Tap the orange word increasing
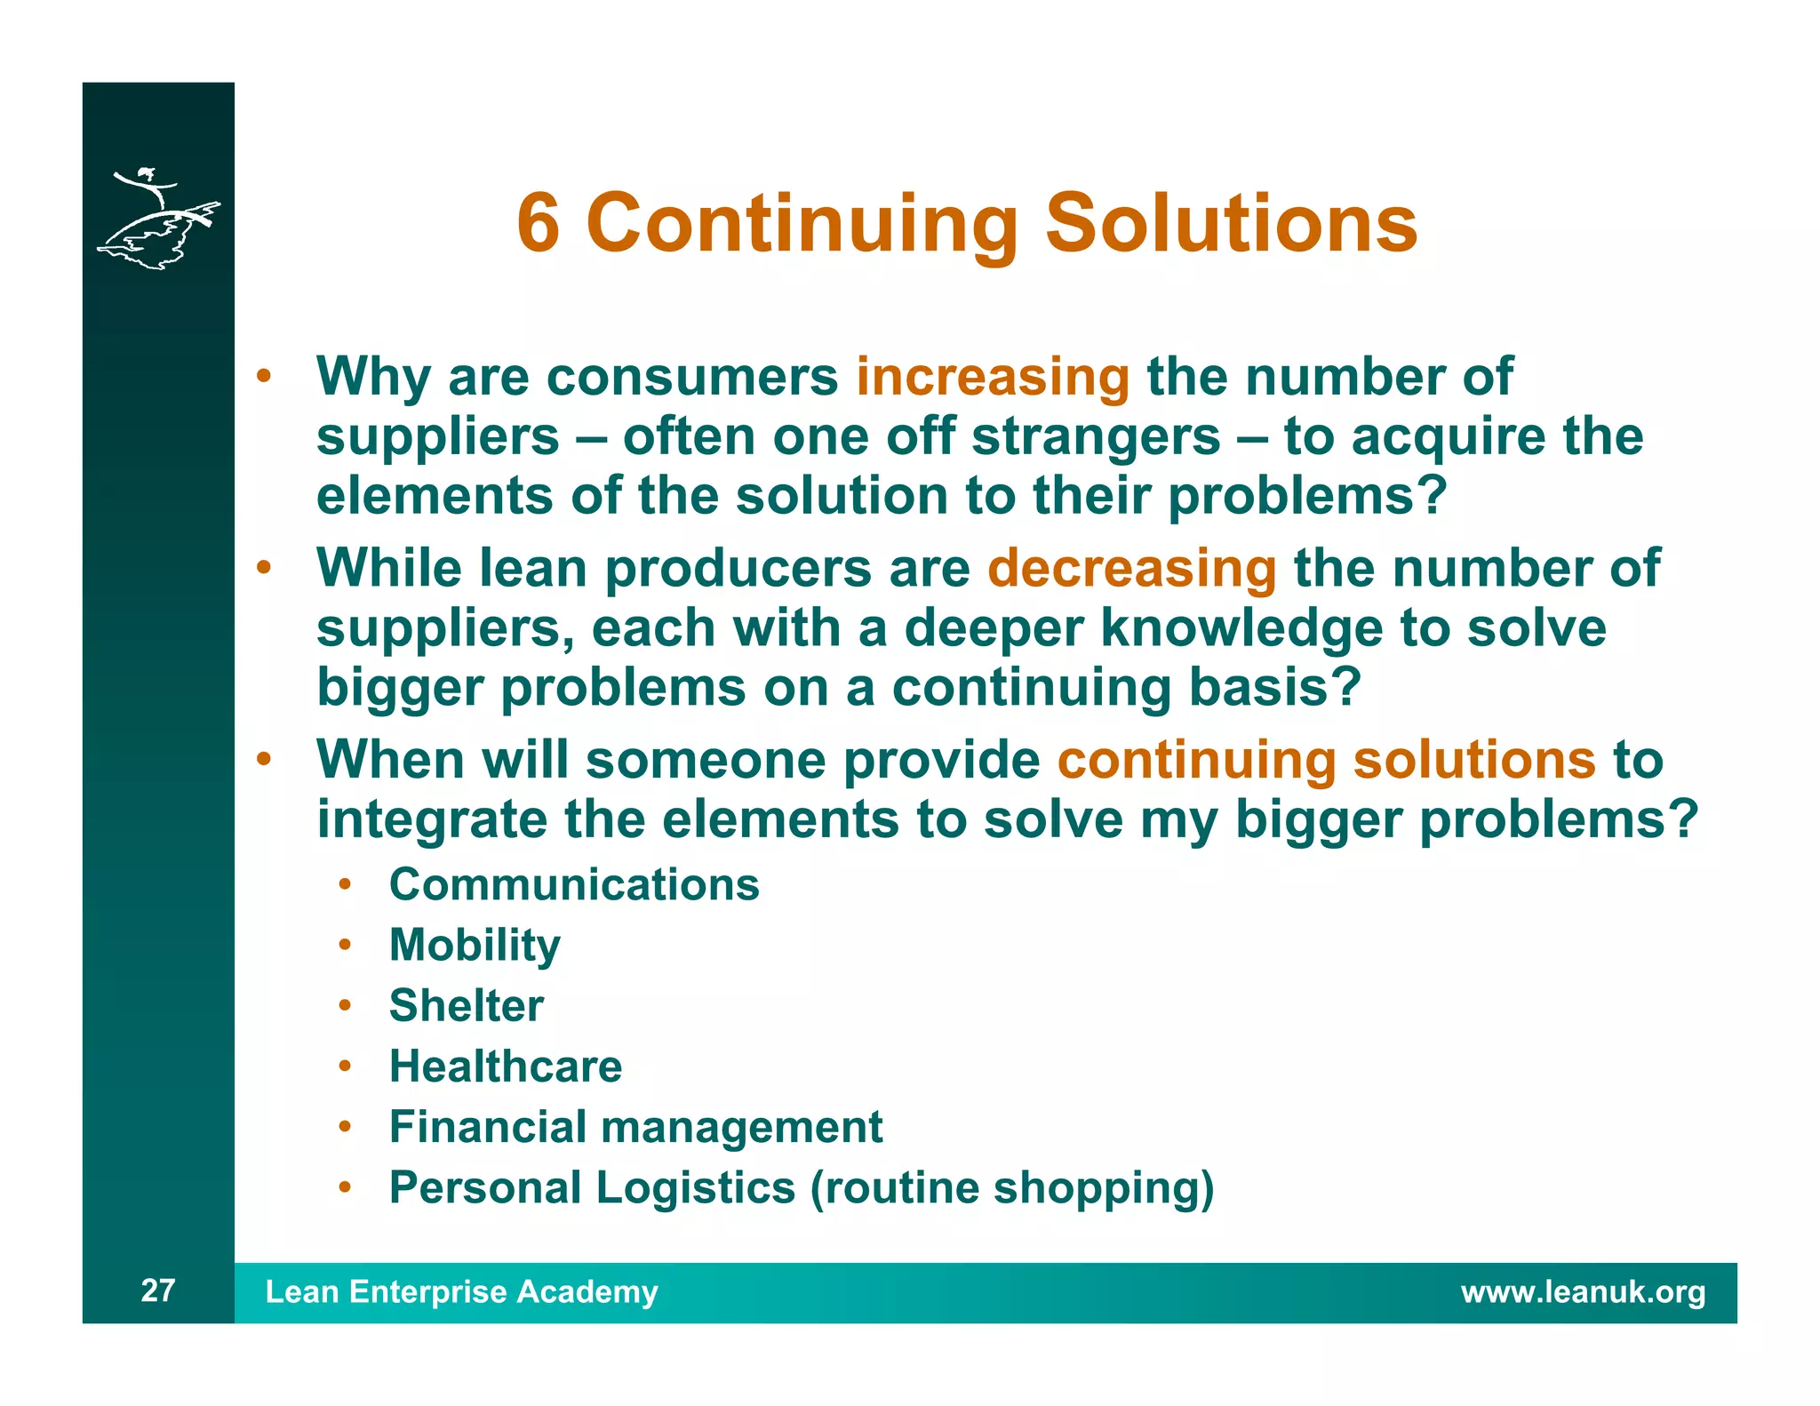[x=992, y=377]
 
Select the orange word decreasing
[x=1131, y=568]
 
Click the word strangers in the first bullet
[x=1096, y=436]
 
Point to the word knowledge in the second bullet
[x=1241, y=628]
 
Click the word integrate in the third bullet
[x=432, y=819]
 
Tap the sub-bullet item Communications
[x=574, y=885]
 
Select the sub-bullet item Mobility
[x=475, y=946]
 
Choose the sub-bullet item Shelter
[x=466, y=1006]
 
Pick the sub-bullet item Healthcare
[x=506, y=1066]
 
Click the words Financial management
[x=635, y=1127]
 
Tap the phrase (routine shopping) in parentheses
[x=1011, y=1188]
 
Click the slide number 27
[x=158, y=1290]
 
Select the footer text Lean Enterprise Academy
[x=461, y=1292]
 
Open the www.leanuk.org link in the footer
[x=1583, y=1292]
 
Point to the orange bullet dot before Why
[x=263, y=376]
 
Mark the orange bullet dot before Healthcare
[x=345, y=1066]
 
